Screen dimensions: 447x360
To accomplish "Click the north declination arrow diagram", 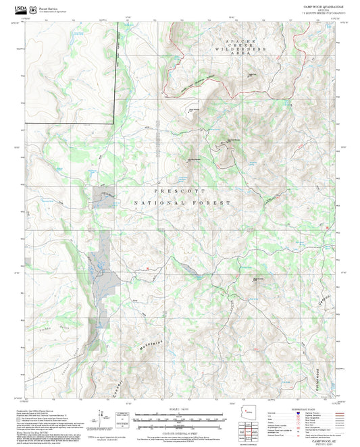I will point(101,415).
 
